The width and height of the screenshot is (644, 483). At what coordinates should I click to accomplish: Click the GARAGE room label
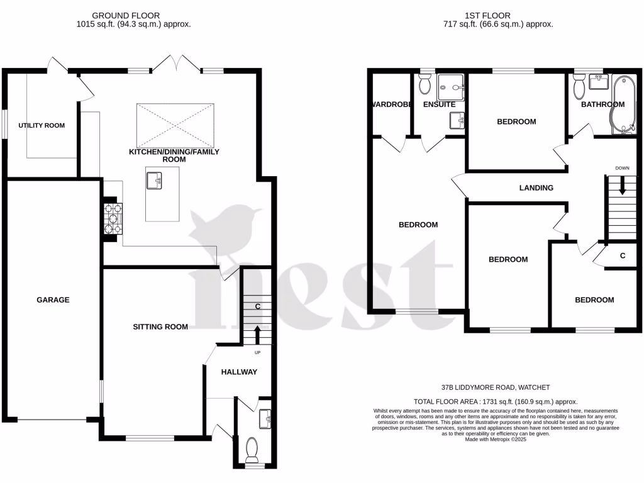(x=53, y=300)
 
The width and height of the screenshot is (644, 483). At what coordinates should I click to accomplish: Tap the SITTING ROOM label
(x=160, y=326)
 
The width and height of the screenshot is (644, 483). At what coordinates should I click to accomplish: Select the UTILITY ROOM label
(x=42, y=126)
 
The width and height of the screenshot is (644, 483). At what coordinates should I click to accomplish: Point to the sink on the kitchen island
(x=155, y=181)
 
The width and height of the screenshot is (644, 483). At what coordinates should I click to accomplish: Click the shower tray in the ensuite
(x=452, y=82)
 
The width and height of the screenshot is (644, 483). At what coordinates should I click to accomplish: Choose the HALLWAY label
(x=239, y=372)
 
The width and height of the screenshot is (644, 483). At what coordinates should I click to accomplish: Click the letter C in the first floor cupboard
(x=622, y=256)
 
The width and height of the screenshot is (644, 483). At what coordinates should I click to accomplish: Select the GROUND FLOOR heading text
(x=126, y=15)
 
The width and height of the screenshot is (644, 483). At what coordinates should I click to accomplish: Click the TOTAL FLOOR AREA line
(x=496, y=401)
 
